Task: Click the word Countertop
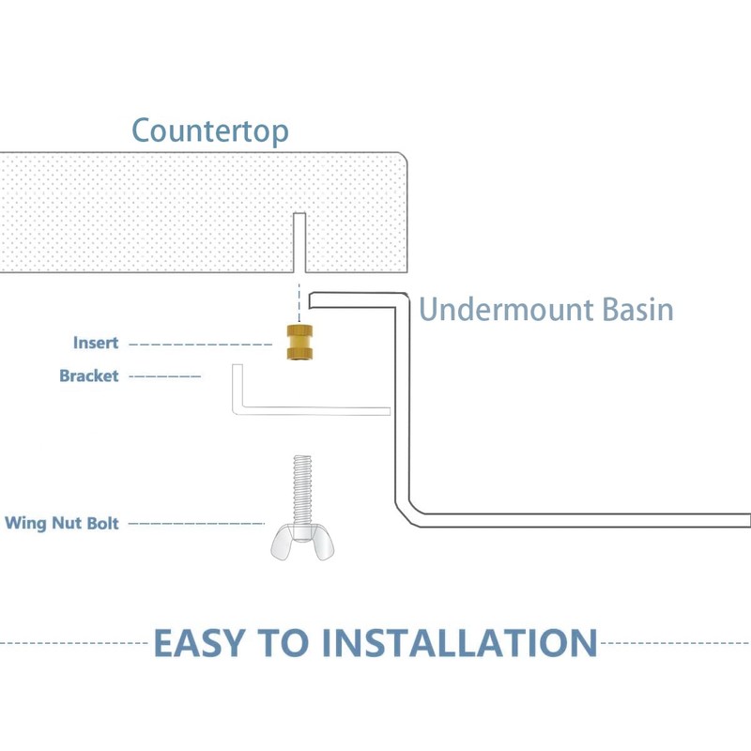pos(209,130)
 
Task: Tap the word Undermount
pos(506,310)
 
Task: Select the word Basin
pos(637,310)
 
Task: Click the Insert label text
pos(96,343)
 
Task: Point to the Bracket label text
pos(89,376)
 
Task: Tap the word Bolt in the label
pos(103,523)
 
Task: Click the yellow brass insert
pos(299,343)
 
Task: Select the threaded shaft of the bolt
pos(302,489)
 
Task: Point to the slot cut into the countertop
pos(299,242)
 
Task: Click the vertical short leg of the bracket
pos(238,388)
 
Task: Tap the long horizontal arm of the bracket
pos(316,411)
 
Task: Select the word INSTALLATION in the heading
pos(459,643)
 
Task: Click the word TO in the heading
pos(284,643)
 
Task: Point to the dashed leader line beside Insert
pos(201,345)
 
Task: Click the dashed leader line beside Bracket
pos(165,376)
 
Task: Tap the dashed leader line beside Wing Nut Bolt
pos(196,524)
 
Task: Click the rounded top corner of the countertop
pos(405,156)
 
